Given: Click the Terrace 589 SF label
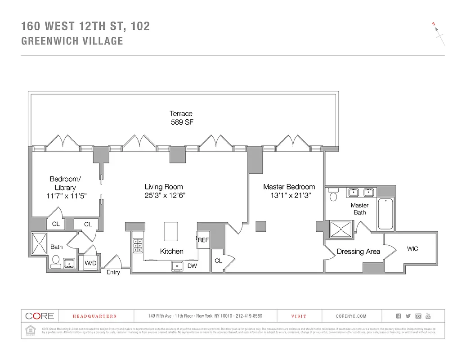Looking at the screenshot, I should click(x=181, y=118).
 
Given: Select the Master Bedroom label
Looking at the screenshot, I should click(x=289, y=187).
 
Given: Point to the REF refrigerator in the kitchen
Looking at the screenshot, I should click(x=203, y=240).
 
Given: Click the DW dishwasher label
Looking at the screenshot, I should click(x=192, y=266).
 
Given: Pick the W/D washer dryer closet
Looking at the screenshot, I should click(x=90, y=262).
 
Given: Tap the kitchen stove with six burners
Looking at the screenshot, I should click(x=138, y=246).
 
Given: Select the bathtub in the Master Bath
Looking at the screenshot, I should click(x=385, y=214).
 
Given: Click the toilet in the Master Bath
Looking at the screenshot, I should click(x=333, y=195).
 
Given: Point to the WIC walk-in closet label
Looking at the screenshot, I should click(x=412, y=248).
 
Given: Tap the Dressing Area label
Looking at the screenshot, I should click(x=358, y=252).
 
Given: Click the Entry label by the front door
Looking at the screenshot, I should click(x=113, y=272).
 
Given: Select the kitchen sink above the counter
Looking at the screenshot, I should click(x=177, y=266).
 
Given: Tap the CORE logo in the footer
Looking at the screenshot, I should click(x=40, y=316).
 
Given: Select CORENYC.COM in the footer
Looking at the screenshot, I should click(x=351, y=316).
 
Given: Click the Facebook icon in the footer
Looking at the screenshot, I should click(x=398, y=316).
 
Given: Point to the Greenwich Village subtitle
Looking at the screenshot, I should click(x=72, y=41).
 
